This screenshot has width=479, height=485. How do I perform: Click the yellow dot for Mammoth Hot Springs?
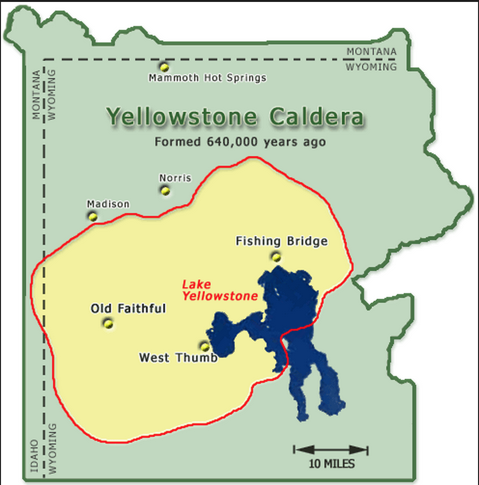tap(164, 67)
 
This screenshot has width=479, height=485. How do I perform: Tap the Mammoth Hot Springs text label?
tap(207, 78)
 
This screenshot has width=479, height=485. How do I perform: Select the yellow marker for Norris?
tap(166, 191)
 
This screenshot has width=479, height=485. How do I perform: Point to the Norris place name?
tap(175, 178)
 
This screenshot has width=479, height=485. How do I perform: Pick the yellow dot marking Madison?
tap(93, 216)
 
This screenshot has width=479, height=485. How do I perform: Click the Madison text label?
tap(108, 204)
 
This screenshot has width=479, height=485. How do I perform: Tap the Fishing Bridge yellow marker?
tap(276, 257)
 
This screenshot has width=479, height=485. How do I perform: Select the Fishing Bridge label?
tap(282, 241)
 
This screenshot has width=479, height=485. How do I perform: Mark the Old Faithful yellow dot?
tap(108, 323)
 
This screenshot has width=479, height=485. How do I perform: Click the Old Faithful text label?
tap(128, 309)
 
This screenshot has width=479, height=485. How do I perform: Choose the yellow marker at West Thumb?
tap(204, 346)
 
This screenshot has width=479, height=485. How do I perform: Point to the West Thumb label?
tap(178, 358)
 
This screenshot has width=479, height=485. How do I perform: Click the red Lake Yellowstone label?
tap(219, 290)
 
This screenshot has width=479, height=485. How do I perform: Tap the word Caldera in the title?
tap(316, 117)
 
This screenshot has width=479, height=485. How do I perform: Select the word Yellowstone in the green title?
tap(183, 117)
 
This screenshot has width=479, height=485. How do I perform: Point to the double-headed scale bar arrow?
tap(331, 450)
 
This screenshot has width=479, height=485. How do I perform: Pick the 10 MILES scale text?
tap(331, 464)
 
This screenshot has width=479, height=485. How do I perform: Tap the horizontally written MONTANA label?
tap(371, 51)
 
